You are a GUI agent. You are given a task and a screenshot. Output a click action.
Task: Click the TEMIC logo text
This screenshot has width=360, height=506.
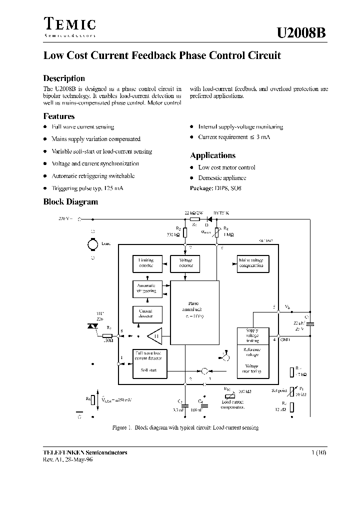click(69, 24)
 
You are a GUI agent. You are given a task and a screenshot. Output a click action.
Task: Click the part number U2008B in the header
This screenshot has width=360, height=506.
click(301, 33)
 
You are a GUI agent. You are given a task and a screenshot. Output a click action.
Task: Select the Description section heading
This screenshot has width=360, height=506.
click(64, 78)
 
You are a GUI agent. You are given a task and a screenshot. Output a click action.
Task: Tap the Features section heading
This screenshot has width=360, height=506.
click(59, 116)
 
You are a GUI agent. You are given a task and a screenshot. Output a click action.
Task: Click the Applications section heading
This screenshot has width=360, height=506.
click(212, 155)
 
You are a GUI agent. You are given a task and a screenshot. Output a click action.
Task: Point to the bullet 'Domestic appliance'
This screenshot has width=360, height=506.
click(222, 178)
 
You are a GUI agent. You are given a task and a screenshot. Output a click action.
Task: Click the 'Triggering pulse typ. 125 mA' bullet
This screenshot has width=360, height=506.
click(87, 188)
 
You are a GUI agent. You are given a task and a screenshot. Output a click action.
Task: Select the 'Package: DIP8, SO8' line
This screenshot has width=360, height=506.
click(215, 188)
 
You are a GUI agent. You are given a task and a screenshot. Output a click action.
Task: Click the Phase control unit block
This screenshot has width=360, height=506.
click(194, 310)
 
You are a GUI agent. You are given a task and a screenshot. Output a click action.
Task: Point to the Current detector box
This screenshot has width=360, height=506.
click(146, 313)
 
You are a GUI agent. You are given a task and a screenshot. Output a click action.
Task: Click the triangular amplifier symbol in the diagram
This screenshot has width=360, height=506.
click(155, 336)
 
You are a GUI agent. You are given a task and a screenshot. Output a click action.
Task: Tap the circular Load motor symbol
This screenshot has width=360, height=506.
click(92, 244)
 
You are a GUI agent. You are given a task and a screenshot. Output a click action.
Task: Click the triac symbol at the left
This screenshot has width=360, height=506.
click(92, 326)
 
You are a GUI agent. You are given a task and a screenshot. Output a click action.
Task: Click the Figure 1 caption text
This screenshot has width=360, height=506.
click(185, 428)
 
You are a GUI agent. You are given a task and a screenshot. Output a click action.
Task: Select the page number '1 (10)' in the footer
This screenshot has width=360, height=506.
click(318, 453)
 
